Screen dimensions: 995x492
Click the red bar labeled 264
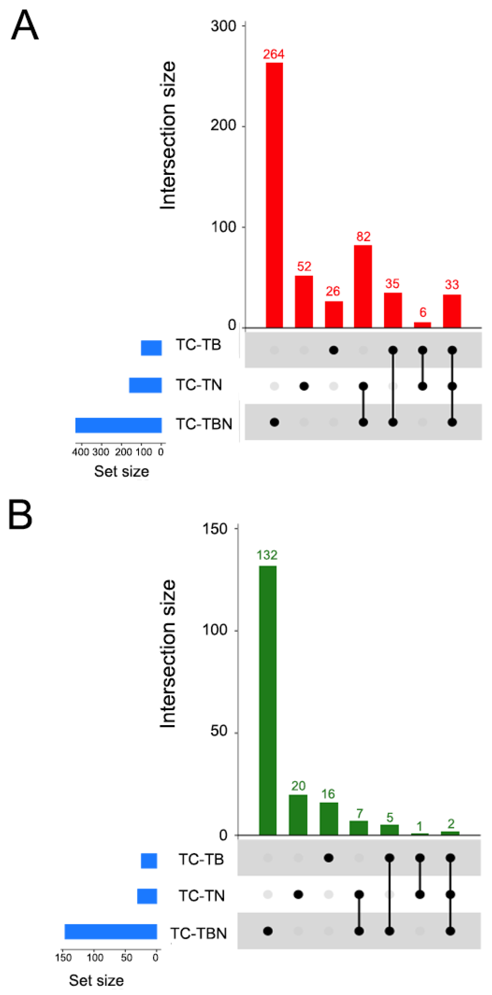tap(274, 195)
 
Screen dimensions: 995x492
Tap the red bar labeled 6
tap(422, 325)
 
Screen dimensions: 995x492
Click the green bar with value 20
tap(298, 815)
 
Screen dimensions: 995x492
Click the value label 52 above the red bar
tap(304, 266)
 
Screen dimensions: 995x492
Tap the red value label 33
tap(451, 285)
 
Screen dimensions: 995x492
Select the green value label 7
tap(359, 813)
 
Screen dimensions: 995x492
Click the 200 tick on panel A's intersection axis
tap(223, 126)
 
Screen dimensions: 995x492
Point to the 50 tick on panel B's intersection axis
tap(219, 731)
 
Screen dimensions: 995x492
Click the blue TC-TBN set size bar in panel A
tap(118, 425)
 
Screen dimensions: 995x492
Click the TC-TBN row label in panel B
tap(198, 934)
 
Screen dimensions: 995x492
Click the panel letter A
tap(25, 25)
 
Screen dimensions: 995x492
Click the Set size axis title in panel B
tap(96, 980)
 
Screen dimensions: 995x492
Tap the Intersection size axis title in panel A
tap(168, 135)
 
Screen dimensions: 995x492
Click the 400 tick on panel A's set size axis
tap(80, 452)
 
